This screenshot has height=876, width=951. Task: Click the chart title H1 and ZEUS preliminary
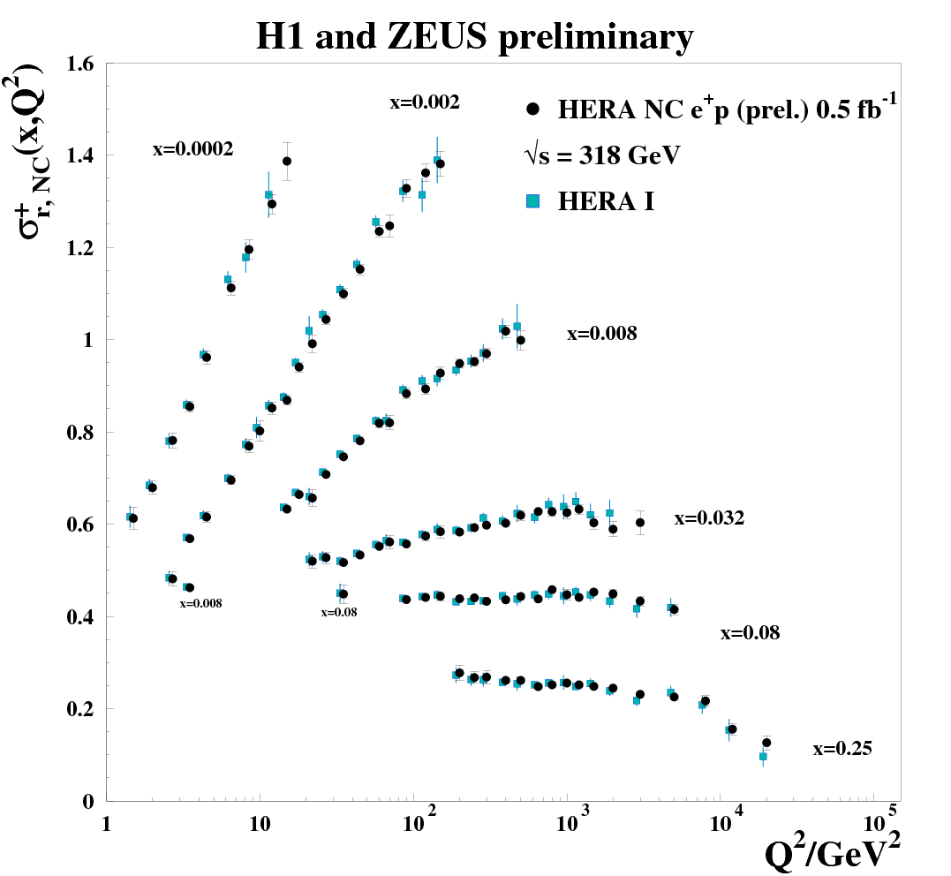coord(474,37)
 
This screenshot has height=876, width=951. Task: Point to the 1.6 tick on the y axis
coord(83,64)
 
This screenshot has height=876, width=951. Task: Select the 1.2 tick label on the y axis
coord(83,248)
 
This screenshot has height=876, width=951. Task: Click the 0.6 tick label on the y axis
coord(83,525)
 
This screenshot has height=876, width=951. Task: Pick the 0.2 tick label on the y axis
coord(83,709)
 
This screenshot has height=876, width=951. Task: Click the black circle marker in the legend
coord(532,109)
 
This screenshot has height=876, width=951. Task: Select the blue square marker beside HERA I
coord(532,201)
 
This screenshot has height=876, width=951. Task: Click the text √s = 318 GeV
coord(602,156)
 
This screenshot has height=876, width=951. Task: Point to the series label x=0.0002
coord(192,150)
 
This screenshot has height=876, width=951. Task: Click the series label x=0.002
coord(425,102)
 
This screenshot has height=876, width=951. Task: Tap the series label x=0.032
coord(709,519)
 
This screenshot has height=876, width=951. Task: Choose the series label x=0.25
coord(842,750)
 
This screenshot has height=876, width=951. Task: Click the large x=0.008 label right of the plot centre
coord(601,334)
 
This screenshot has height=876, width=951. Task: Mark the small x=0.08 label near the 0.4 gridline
coord(339,611)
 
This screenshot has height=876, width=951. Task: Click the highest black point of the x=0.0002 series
coord(286,161)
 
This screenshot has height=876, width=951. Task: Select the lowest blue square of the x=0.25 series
coord(763,757)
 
